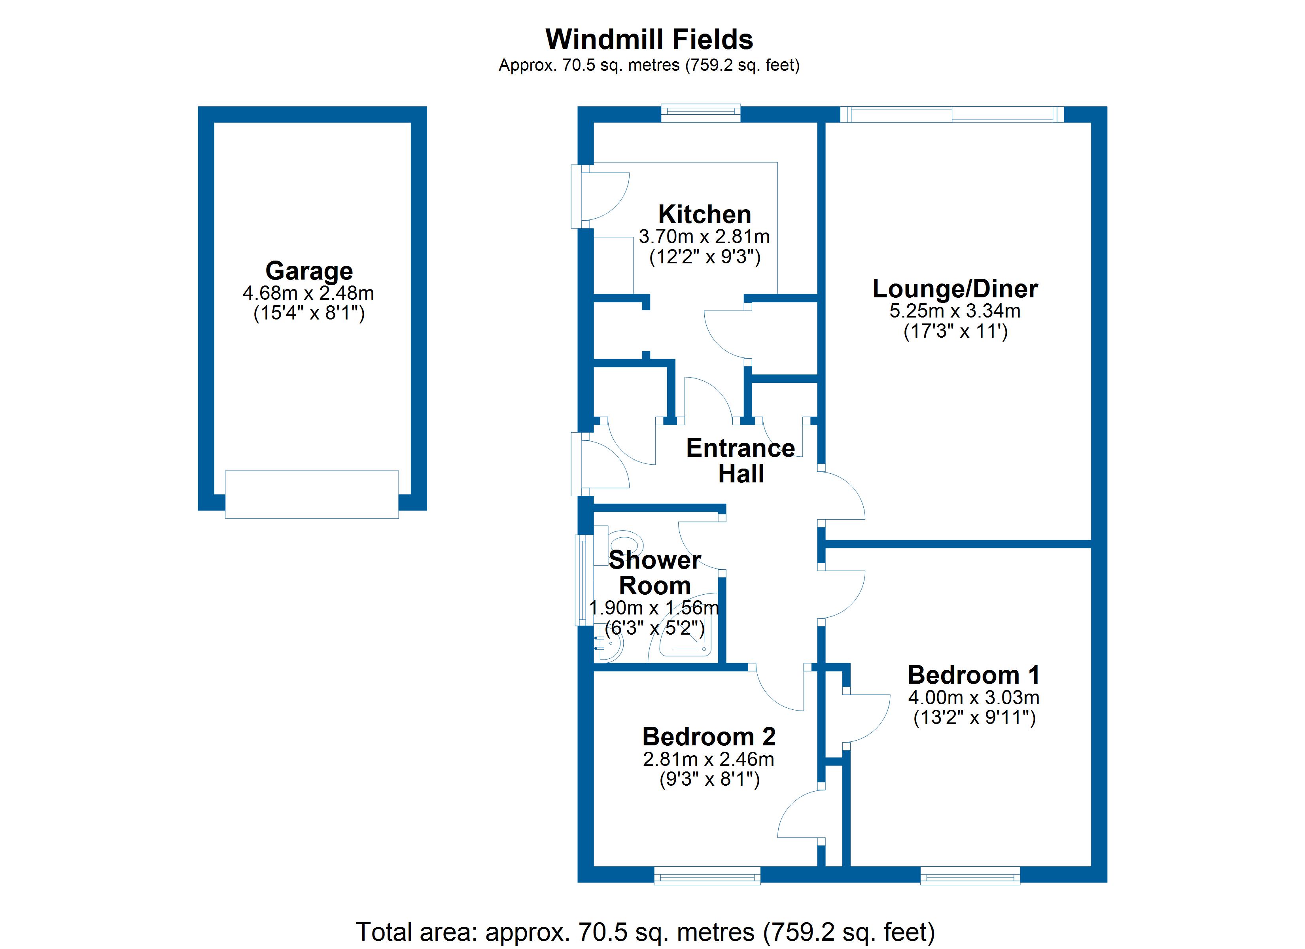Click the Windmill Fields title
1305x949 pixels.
(x=649, y=40)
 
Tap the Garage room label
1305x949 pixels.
(x=309, y=270)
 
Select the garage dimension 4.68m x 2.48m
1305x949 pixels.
(x=308, y=293)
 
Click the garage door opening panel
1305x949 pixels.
(x=312, y=494)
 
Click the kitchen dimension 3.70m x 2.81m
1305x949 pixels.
(x=704, y=236)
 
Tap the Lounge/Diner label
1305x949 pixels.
(x=955, y=289)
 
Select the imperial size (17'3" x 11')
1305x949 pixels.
(x=955, y=331)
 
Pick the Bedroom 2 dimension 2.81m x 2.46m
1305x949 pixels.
(x=709, y=759)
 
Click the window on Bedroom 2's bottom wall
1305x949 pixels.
(x=707, y=875)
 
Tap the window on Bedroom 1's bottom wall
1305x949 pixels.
(x=970, y=875)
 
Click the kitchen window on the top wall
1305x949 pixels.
(x=701, y=113)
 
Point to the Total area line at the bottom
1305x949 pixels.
(x=646, y=932)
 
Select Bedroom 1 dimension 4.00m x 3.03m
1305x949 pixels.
(x=974, y=698)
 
